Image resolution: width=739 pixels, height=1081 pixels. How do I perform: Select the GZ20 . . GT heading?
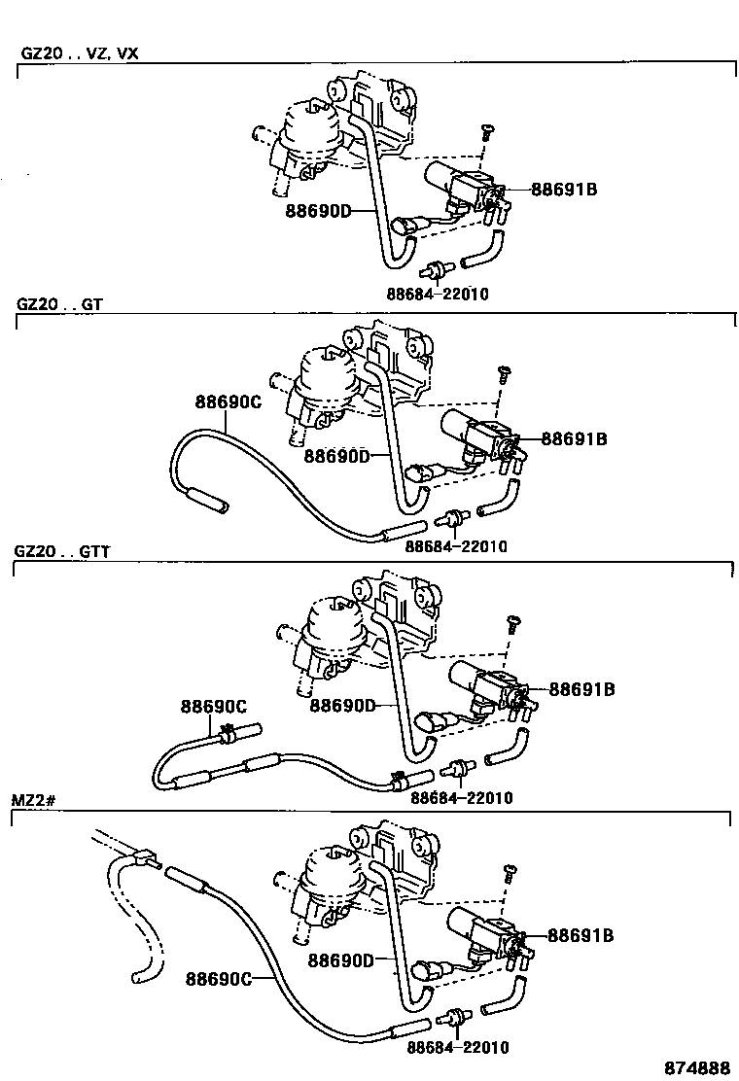[59, 303]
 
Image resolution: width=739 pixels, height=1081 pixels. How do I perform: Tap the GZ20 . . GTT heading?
[62, 551]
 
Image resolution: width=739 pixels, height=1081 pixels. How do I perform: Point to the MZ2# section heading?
[34, 800]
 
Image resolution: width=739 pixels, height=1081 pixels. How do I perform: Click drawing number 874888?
[697, 1066]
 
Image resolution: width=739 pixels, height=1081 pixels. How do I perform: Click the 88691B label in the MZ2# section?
[581, 936]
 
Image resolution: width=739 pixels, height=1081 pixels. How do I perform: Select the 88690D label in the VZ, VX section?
[317, 209]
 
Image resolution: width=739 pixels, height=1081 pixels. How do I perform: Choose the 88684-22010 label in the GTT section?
[461, 798]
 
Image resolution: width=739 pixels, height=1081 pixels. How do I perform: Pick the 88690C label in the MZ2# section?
[218, 978]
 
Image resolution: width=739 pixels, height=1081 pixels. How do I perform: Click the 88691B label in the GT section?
[574, 439]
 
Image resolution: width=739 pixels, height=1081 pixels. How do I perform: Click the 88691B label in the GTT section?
[581, 689]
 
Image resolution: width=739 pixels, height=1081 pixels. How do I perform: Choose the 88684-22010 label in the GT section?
[455, 546]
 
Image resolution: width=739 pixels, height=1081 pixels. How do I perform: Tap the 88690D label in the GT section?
[335, 454]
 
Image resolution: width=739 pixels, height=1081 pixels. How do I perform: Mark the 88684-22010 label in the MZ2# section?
[458, 1048]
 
